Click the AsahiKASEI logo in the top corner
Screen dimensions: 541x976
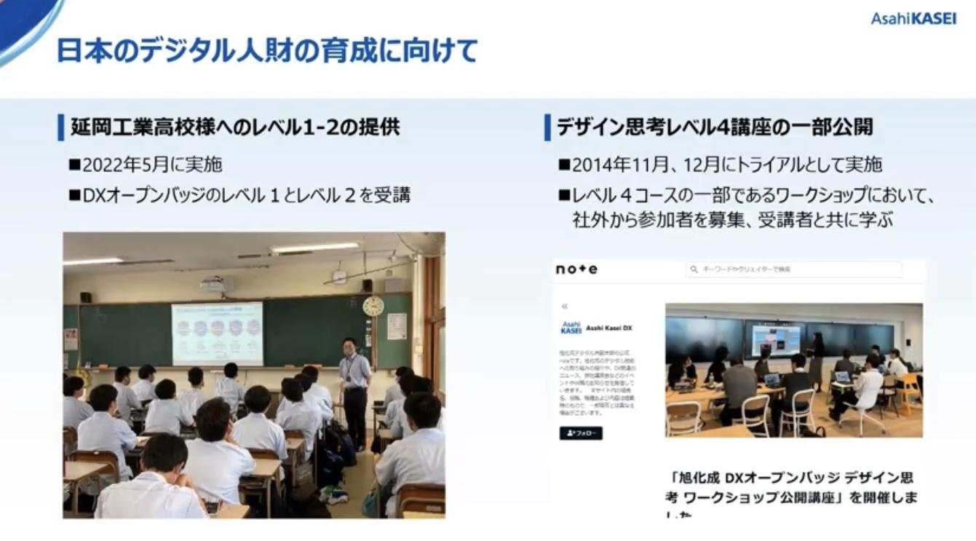coord(913,18)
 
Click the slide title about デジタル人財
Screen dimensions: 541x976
coord(266,50)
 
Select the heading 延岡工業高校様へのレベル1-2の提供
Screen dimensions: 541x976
coord(235,127)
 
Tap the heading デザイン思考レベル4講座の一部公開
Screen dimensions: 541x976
coord(714,127)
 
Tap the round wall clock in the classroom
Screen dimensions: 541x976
coord(373,306)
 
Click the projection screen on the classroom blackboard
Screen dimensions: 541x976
coord(217,333)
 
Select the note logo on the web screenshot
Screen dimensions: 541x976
coord(576,269)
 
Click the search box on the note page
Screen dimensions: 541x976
coord(793,269)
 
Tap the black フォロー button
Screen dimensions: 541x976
coord(580,433)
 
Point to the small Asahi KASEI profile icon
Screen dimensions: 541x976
coord(571,328)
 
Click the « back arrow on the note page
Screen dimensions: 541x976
coord(564,307)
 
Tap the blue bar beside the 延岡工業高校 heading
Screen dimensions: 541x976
coord(61,127)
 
